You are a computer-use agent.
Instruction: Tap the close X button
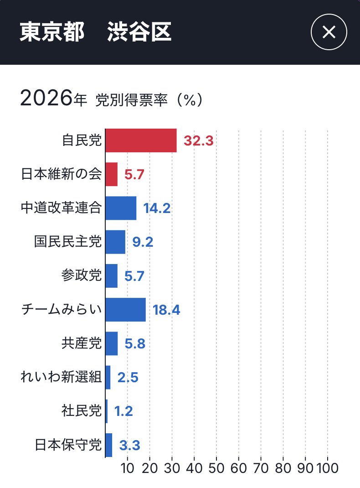coord(329,32)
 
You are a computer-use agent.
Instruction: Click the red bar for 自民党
coord(141,140)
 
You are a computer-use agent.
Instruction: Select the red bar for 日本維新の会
coord(111,174)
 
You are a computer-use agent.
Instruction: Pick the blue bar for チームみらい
coord(125,310)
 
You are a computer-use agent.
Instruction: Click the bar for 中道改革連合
coord(121,208)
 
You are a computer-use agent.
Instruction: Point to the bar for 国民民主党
coord(115,242)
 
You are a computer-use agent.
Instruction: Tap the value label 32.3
coord(198,140)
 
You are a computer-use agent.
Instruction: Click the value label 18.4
coord(166,310)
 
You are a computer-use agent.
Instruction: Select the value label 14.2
coord(157,208)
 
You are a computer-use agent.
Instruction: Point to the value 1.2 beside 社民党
coord(123,411)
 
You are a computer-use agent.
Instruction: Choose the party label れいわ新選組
coord(62,378)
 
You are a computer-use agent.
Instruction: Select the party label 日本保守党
coord(68,445)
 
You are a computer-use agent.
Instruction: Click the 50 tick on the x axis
coord(216,468)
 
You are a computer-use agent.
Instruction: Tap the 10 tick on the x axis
coord(128,468)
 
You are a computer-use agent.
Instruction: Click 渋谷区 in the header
coord(139,33)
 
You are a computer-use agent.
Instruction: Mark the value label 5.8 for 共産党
coord(135,344)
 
